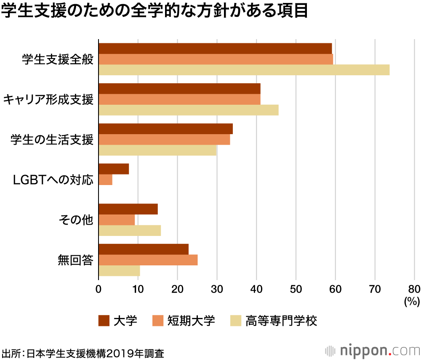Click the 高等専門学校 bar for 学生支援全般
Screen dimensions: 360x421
(x=244, y=70)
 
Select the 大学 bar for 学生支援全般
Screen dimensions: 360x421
(x=215, y=48)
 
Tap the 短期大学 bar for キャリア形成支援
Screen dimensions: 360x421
(x=179, y=99)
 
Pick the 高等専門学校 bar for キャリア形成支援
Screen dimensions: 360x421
(x=188, y=110)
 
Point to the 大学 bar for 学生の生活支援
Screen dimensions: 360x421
(x=165, y=129)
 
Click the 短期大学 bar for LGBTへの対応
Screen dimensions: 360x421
(x=105, y=180)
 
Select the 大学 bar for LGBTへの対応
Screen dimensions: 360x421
(x=114, y=169)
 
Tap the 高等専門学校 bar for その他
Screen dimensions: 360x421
(x=130, y=230)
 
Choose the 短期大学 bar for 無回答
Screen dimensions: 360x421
(x=148, y=260)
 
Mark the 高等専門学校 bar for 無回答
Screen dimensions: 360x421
(x=119, y=271)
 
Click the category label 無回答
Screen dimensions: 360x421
(x=75, y=260)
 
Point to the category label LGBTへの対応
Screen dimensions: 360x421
(x=53, y=180)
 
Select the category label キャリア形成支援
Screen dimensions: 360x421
(x=48, y=100)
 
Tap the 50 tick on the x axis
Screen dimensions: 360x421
(x=296, y=289)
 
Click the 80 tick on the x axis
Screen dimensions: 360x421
(x=414, y=289)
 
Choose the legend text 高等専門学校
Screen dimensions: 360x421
(x=281, y=321)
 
